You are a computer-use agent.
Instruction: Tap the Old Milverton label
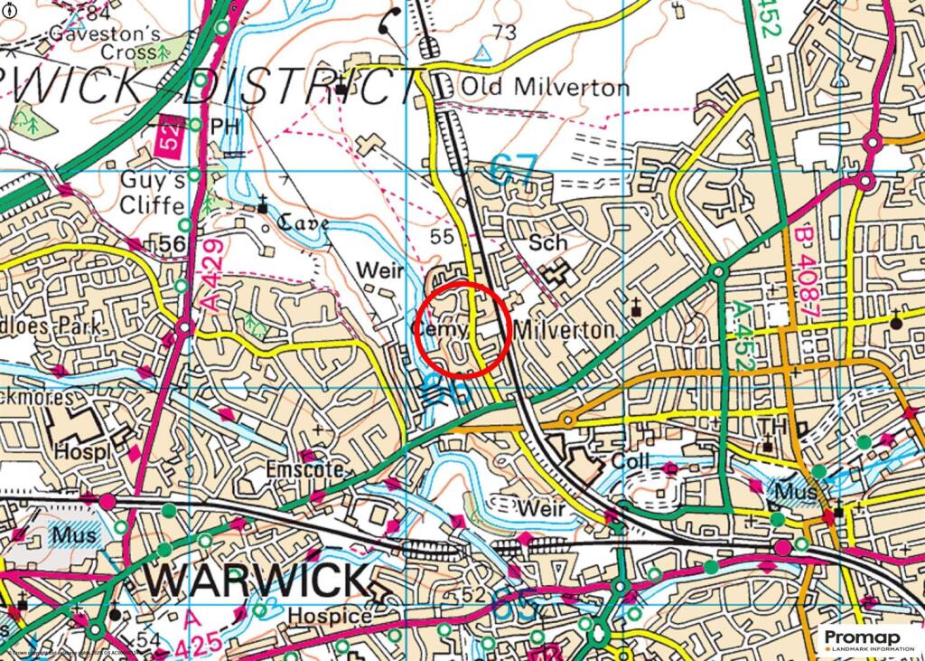coord(545,88)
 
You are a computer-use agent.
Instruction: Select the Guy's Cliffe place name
coord(154,192)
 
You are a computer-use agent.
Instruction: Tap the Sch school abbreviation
coord(548,242)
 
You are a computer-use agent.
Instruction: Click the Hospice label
coord(330,617)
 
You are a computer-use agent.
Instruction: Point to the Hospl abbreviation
coord(81,449)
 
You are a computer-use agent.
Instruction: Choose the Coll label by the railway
coord(630,461)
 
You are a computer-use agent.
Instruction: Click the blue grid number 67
coord(514,169)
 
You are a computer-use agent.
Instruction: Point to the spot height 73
coord(505,33)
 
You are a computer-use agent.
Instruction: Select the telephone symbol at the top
coord(390,19)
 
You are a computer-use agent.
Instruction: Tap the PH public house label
coord(224,125)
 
